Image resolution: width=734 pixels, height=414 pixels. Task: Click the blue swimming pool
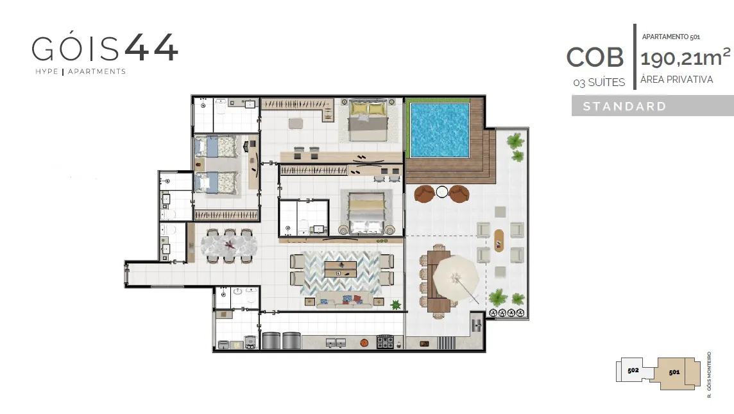click(x=440, y=130)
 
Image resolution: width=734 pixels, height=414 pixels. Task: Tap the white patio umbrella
click(x=456, y=279)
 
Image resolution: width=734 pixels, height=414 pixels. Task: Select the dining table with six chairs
click(x=229, y=245)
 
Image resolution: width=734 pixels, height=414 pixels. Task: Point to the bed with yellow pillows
click(x=368, y=121)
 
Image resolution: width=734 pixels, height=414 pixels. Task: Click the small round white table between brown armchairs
click(x=442, y=192)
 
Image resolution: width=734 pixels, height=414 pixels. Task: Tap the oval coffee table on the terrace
click(x=499, y=240)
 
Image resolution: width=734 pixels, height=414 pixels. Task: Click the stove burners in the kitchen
click(x=385, y=342)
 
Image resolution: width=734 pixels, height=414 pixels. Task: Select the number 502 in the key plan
click(x=633, y=370)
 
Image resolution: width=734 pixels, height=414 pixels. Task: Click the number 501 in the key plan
click(x=674, y=372)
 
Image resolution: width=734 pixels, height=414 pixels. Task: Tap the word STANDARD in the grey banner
click(x=624, y=107)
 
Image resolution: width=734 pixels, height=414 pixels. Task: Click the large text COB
click(x=595, y=57)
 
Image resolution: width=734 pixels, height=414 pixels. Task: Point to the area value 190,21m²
click(x=685, y=58)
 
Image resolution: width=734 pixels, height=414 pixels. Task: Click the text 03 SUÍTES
click(x=599, y=82)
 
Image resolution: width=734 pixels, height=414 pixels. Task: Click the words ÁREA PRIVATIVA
click(x=676, y=80)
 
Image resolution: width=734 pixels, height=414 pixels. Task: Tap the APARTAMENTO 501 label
click(x=671, y=37)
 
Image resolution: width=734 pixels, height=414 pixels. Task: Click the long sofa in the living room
click(x=344, y=300)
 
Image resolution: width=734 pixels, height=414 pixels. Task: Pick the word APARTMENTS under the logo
click(x=97, y=72)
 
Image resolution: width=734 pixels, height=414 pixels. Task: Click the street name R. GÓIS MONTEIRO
click(x=709, y=375)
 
